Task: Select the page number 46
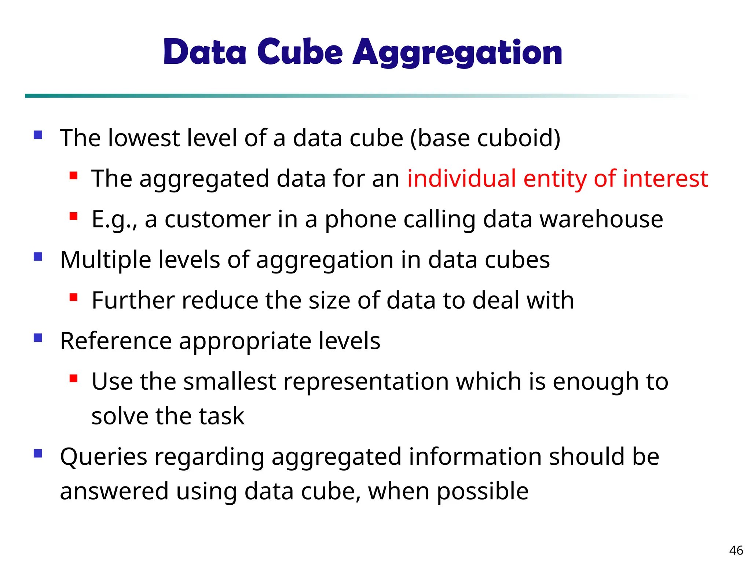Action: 736,550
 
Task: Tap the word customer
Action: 217,219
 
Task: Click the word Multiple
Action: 105,260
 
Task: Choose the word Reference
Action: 116,341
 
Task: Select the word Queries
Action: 103,457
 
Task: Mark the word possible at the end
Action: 483,492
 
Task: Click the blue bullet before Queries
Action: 38,454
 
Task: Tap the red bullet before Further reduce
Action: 73,297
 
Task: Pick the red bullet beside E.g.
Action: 73,216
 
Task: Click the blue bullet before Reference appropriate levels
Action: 38,337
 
